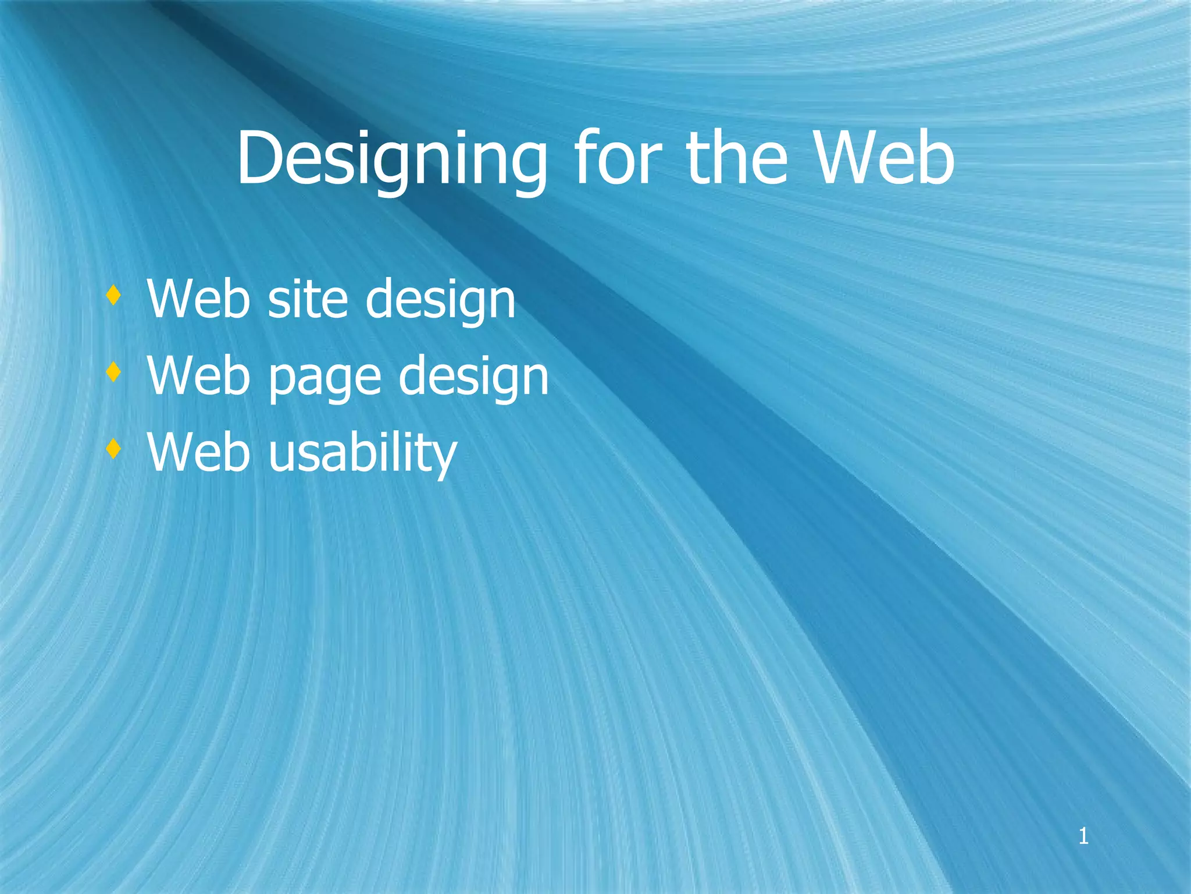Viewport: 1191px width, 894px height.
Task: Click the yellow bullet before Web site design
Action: tap(113, 296)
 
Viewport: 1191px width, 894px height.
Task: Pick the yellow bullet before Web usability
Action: tap(113, 449)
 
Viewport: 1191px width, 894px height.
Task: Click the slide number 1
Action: tap(1083, 836)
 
